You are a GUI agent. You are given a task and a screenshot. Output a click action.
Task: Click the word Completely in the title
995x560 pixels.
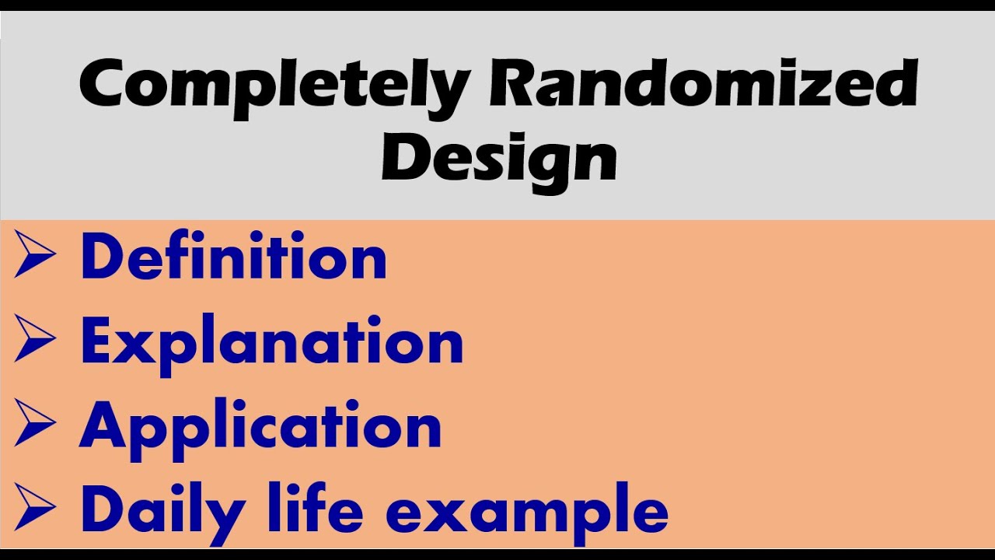coord(275,89)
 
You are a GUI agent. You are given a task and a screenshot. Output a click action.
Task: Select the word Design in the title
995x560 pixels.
coord(499,163)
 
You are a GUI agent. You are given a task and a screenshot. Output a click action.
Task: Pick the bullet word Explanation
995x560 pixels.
coord(272,345)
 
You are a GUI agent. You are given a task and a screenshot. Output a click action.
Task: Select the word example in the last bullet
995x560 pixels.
coord(527,514)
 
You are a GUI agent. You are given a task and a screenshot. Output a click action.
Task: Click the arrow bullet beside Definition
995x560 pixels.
coord(35,254)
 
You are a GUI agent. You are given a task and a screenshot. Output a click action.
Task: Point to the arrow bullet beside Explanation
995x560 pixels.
coord(35,338)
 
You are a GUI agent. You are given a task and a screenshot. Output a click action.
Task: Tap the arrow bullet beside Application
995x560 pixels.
coord(35,422)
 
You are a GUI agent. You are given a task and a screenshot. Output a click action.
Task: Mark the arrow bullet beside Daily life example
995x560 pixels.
coord(35,507)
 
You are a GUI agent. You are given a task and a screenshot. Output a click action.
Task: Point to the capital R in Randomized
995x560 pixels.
coord(511,83)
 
